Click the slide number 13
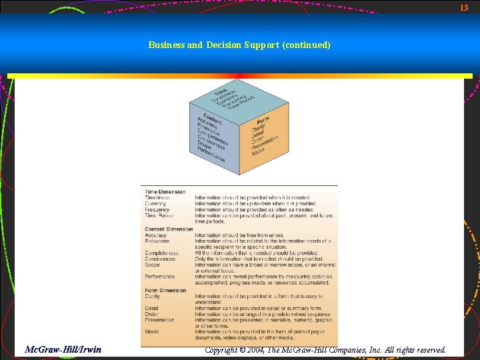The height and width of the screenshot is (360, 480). point(465,7)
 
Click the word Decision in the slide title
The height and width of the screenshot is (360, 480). point(226,45)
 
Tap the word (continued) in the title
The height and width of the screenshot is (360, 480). point(306,45)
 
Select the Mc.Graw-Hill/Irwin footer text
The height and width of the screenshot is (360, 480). point(63,349)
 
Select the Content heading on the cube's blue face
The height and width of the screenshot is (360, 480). point(212,114)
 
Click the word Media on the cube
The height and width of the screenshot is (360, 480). point(257,150)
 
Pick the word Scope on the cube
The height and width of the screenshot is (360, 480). point(204,143)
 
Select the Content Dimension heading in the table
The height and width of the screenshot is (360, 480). point(169,229)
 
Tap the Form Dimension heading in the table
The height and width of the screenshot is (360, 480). point(166,291)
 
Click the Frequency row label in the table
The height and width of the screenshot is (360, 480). point(157,210)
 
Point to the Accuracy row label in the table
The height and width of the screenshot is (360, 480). point(156,235)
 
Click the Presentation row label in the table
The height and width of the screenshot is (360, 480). point(159,320)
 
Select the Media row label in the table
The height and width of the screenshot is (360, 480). point(151,331)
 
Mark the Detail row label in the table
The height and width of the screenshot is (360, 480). point(151,308)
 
